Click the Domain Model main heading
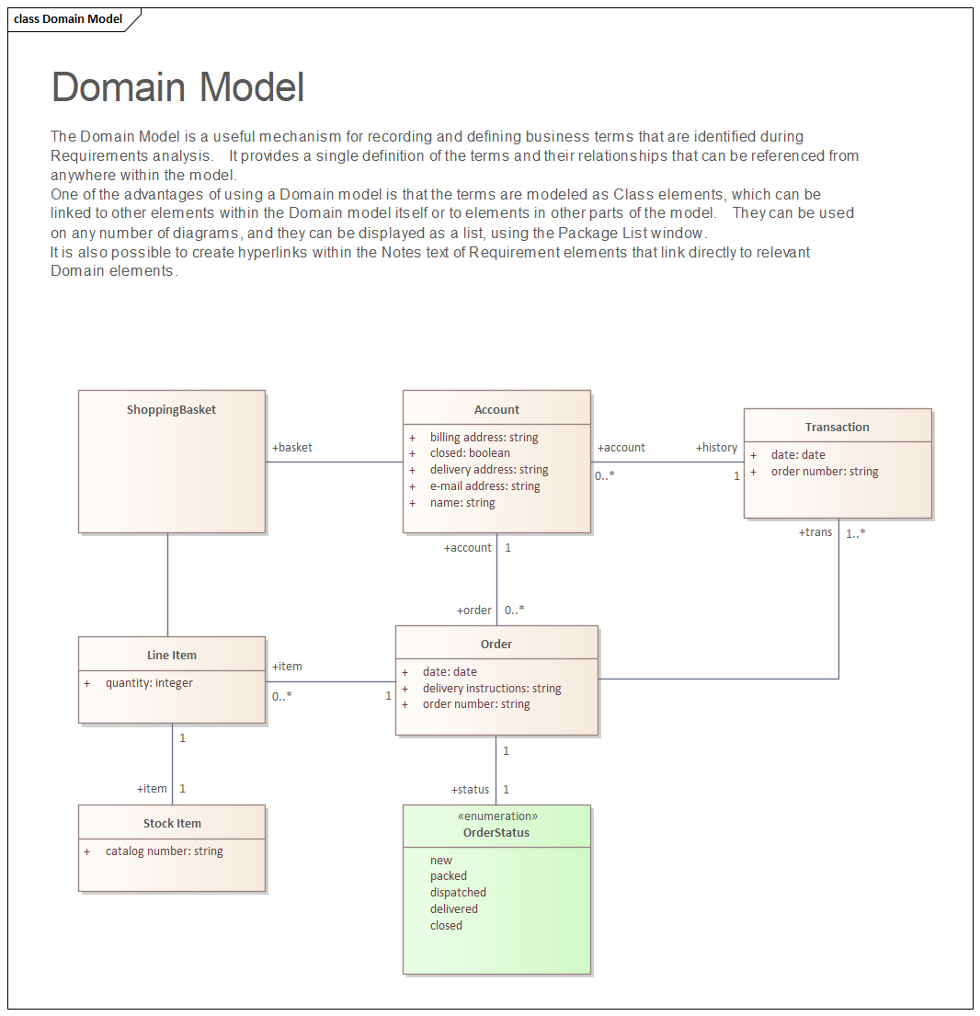point(177,87)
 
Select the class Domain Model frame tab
point(69,18)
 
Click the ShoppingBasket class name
point(171,410)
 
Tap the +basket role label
point(292,448)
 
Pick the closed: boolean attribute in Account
point(470,453)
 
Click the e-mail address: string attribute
point(484,486)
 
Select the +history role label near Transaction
point(716,448)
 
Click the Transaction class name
point(837,428)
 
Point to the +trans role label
point(815,532)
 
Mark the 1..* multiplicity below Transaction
point(856,532)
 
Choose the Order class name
point(496,645)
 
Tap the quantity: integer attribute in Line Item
point(149,683)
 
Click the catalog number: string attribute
point(164,851)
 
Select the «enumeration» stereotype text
point(497,816)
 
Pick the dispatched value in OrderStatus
point(458,893)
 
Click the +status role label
point(470,790)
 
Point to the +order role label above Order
point(474,611)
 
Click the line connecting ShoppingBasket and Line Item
point(168,585)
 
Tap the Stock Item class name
point(172,824)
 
